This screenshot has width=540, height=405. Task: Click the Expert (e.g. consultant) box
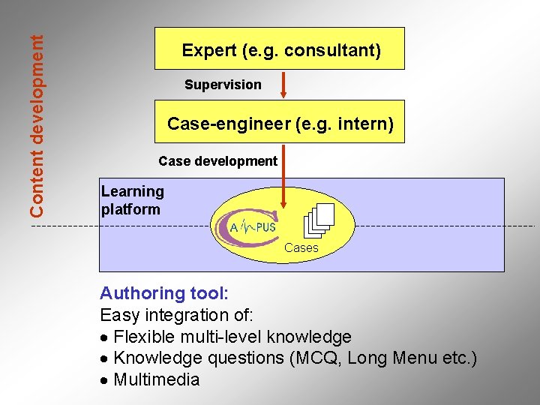[x=280, y=49]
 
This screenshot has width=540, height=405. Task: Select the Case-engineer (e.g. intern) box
[x=280, y=121]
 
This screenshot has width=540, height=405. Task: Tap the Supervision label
[x=223, y=85]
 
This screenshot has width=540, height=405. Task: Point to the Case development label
[x=217, y=161]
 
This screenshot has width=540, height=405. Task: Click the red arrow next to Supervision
[x=283, y=85]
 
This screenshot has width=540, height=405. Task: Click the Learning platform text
[x=132, y=201]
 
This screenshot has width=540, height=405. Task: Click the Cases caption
[x=301, y=247]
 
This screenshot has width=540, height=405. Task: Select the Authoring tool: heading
[x=164, y=293]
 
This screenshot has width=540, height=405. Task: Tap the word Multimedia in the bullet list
[x=157, y=379]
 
